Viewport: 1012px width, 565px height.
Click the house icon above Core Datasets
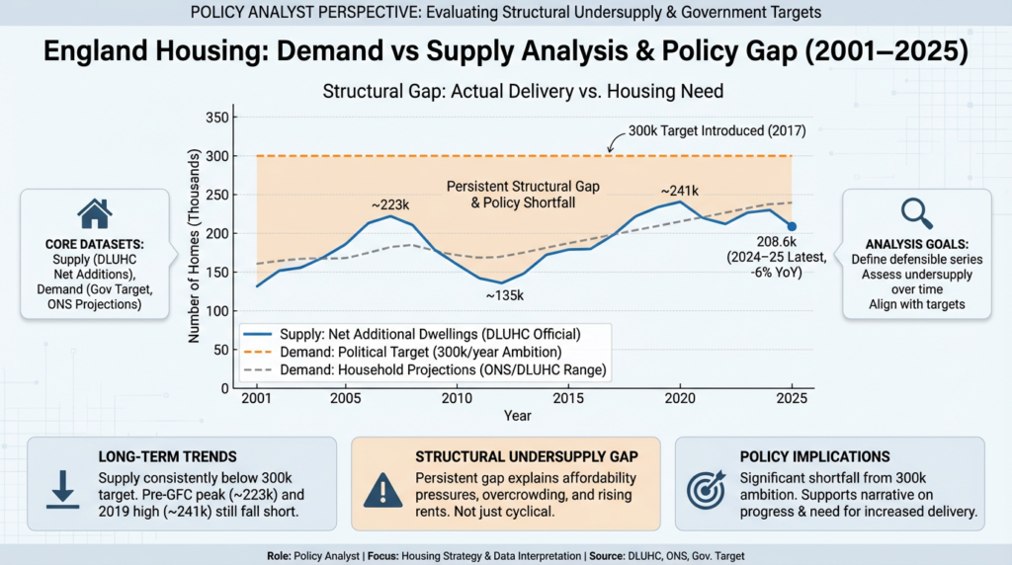tap(94, 213)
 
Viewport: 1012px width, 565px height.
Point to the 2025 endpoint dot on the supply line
tap(792, 227)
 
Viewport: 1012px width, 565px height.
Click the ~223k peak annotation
tap(390, 204)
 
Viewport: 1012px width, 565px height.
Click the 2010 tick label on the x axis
tap(456, 397)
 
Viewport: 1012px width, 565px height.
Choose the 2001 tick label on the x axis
tap(256, 397)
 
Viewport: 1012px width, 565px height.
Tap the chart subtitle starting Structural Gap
tap(523, 92)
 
